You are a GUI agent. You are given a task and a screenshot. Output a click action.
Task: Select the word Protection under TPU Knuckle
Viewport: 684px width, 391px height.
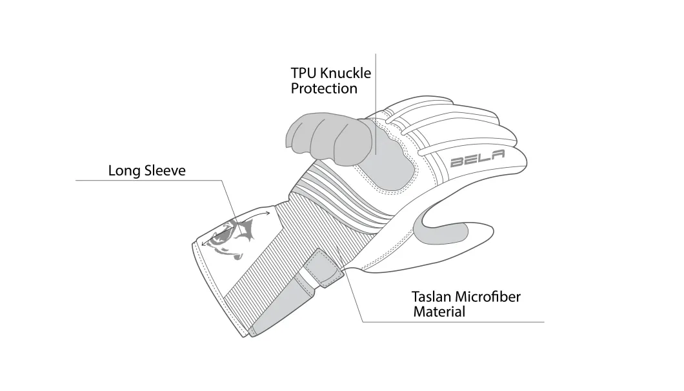tap(324, 88)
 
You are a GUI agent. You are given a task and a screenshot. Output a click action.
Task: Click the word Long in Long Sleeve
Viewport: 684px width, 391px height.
tap(125, 170)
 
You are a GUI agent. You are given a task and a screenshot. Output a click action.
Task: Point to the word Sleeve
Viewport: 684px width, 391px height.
tap(165, 170)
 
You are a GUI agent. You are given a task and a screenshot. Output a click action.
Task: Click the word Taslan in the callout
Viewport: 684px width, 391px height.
tap(431, 297)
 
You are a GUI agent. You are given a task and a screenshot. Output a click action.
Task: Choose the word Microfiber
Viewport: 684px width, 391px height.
tap(488, 297)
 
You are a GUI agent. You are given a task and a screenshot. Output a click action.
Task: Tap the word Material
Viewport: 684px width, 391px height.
tap(439, 312)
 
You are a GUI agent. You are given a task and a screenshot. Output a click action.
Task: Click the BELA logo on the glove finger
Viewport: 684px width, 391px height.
tap(478, 158)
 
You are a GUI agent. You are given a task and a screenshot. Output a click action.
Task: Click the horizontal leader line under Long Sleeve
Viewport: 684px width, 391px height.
tap(148, 181)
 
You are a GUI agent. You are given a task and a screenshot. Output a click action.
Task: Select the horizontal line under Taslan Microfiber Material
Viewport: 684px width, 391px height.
tap(454, 322)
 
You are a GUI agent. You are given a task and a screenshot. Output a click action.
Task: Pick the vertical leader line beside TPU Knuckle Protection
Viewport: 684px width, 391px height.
tap(376, 104)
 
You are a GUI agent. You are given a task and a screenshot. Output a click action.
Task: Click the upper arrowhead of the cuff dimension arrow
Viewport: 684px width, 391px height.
tap(267, 214)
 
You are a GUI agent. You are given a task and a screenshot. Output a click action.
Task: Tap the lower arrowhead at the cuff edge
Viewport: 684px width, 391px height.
tap(204, 243)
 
